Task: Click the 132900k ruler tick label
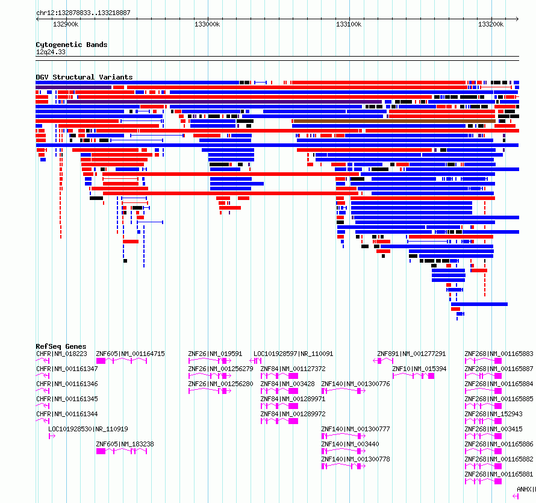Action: click(66, 24)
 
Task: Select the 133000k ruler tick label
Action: click(207, 24)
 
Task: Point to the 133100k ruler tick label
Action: click(349, 24)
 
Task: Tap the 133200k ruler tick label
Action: click(491, 24)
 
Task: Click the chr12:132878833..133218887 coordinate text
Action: click(83, 13)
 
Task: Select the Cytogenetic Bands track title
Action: click(72, 45)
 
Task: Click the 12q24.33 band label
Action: click(51, 52)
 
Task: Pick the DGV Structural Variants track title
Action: click(84, 77)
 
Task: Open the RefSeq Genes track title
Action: click(61, 346)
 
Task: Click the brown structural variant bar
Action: click(394, 121)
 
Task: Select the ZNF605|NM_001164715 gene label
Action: click(130, 354)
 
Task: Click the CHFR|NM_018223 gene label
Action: click(61, 354)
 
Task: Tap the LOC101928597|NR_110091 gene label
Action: click(293, 354)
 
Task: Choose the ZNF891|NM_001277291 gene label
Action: click(411, 354)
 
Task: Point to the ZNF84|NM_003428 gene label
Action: click(287, 384)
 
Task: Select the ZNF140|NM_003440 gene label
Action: click(351, 444)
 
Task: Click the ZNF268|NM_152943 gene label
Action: click(494, 414)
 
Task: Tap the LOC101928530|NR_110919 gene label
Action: click(88, 429)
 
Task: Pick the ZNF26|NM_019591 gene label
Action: click(215, 354)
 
